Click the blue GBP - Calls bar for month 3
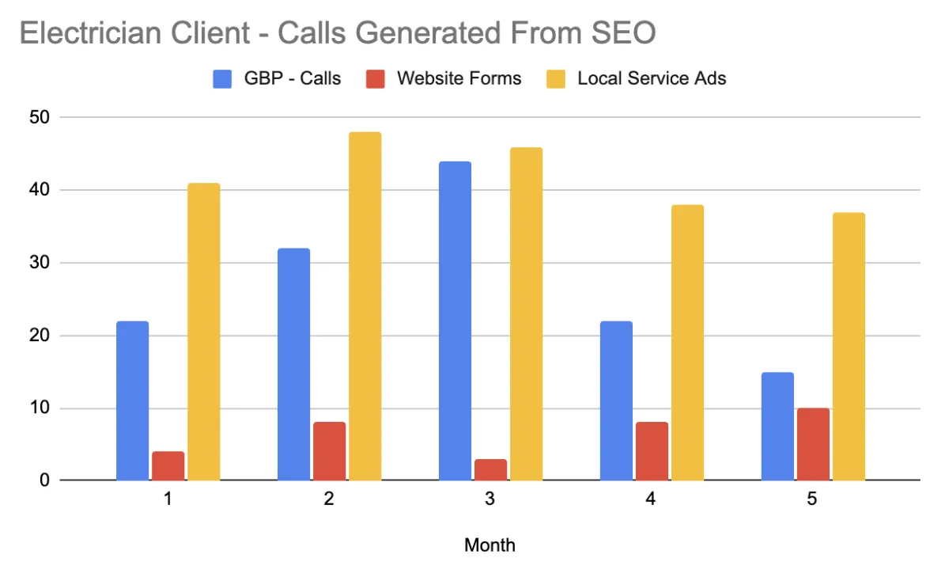455,321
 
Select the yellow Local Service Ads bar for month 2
365,306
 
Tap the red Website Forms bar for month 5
813,444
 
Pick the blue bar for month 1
132,400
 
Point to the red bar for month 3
490,469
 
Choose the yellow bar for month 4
687,343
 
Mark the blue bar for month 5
777,426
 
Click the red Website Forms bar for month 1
168,466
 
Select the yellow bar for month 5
849,347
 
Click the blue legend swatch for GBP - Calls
222,78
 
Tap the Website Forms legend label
459,78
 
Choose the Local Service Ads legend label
652,78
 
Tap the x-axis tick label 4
651,500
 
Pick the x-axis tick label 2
328,500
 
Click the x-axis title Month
490,545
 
